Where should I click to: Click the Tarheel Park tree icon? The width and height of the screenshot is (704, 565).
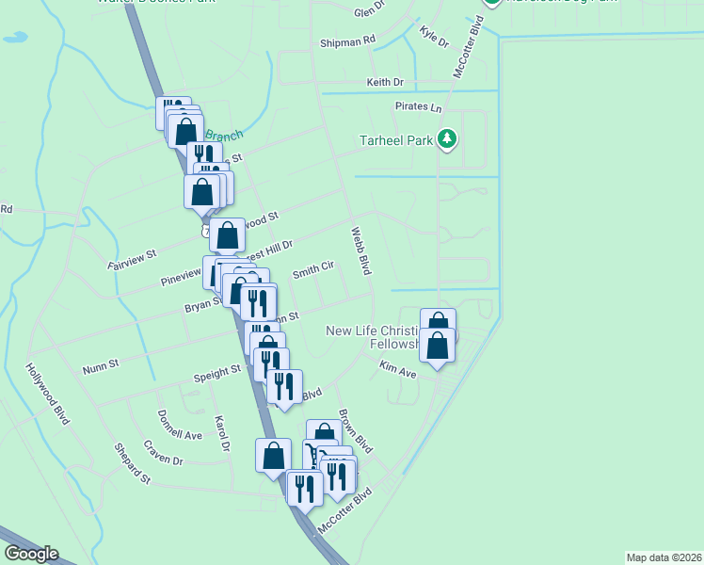tap(447, 140)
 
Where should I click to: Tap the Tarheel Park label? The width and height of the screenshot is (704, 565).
tap(396, 141)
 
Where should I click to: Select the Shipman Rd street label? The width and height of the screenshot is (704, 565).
tap(347, 41)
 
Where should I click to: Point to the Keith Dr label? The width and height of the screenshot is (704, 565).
tap(384, 83)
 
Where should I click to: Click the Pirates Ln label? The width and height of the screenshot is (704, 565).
tap(418, 108)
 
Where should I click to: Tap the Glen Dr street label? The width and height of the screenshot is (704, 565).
tap(369, 11)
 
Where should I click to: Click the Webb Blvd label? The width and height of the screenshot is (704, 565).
tap(361, 250)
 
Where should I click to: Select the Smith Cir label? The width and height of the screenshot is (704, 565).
tap(313, 271)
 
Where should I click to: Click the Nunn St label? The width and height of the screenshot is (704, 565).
tap(101, 363)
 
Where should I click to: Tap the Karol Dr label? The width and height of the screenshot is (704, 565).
tap(222, 432)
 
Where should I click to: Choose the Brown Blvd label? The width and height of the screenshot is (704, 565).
tap(356, 430)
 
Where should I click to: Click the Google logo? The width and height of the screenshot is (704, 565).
tap(30, 554)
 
